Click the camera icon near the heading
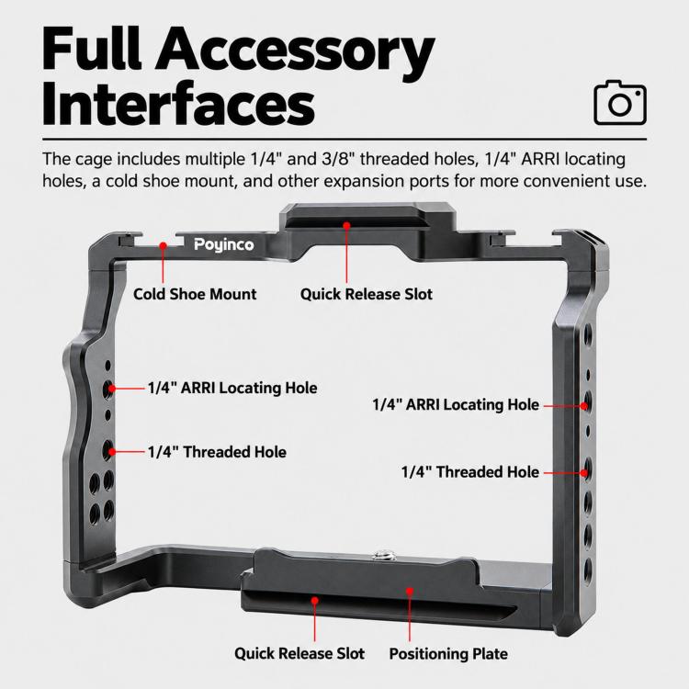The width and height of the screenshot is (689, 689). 620,102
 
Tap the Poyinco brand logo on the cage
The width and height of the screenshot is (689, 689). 223,244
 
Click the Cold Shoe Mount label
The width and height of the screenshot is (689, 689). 195,294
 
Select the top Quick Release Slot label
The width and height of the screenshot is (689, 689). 366,294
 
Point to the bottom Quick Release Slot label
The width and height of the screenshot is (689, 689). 299,653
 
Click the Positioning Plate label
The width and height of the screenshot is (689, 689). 448,653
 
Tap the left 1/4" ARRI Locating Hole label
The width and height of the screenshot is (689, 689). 232,388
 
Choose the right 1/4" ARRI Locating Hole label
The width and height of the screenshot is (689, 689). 456,405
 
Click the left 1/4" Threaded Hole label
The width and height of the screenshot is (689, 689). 217,452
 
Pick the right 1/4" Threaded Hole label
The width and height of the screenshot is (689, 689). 469,472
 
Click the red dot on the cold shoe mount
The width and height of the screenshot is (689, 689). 163,245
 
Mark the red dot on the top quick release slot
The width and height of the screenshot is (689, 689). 346,226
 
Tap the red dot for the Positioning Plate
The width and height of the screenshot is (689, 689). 410,592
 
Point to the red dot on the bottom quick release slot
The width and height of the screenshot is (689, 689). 314,600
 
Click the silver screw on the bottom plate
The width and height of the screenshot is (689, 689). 378,557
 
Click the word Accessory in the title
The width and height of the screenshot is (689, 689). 294,50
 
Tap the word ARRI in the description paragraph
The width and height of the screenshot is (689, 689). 540,159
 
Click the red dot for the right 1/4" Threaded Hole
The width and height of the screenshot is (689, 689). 583,473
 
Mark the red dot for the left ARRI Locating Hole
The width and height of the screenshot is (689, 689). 112,389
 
